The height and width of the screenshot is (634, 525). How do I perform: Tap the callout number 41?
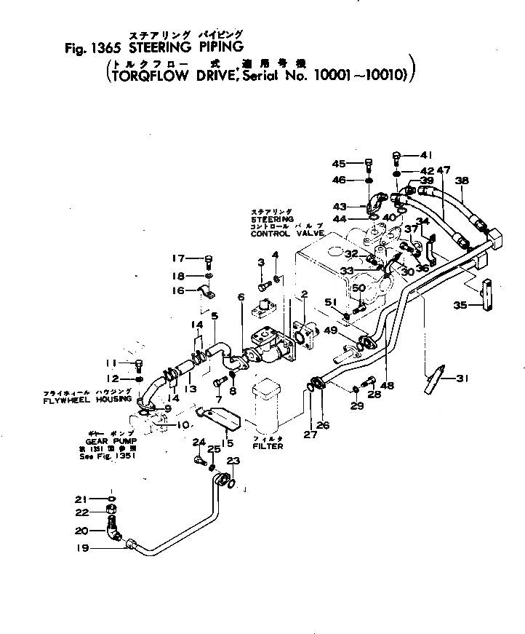(x=426, y=155)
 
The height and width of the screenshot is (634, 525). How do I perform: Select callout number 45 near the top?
(x=340, y=163)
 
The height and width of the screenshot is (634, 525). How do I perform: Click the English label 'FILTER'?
(x=268, y=446)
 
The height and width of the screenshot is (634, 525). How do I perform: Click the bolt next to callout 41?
(x=398, y=156)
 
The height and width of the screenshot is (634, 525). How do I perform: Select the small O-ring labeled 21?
(x=111, y=499)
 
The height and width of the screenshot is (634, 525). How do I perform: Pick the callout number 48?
(x=387, y=385)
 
